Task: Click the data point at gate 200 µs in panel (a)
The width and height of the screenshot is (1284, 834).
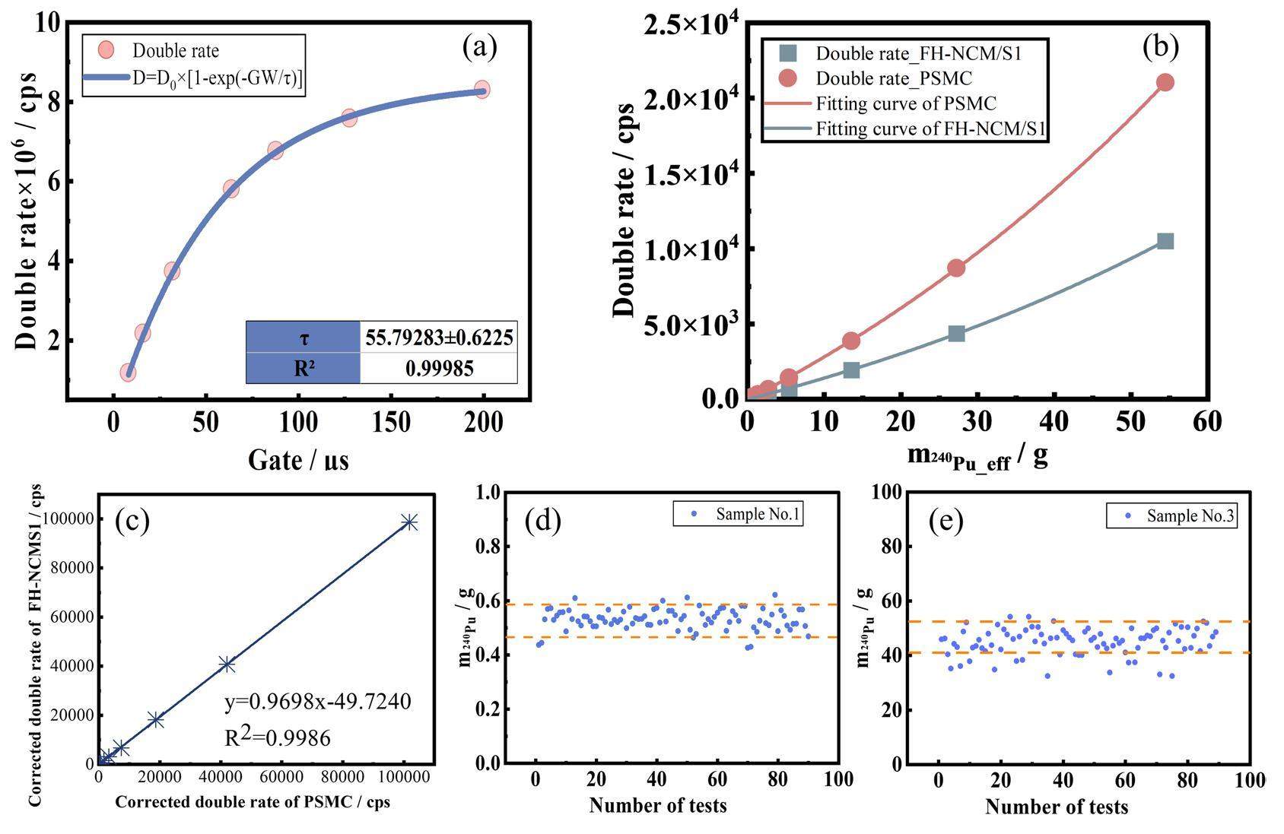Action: point(481,90)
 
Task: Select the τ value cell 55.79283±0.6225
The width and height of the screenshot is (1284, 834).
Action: point(439,337)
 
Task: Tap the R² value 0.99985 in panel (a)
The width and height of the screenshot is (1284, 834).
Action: point(439,369)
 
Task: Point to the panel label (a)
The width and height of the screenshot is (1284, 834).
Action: point(479,47)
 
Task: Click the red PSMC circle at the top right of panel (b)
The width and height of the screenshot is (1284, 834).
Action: point(1165,82)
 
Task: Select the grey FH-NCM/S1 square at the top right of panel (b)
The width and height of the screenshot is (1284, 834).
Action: point(1165,241)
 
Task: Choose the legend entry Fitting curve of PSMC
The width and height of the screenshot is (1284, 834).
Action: point(906,103)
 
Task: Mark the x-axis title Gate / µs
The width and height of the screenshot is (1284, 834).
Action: point(298,459)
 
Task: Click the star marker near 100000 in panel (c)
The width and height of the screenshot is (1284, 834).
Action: point(410,522)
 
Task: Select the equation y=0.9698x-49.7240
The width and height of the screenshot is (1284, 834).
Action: point(318,701)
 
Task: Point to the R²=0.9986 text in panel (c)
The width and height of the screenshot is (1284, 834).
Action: point(278,736)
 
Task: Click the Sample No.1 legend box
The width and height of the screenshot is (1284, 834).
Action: point(738,515)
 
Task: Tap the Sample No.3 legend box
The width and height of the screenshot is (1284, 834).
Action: point(1171,516)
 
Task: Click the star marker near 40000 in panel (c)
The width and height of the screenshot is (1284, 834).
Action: point(227,664)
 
